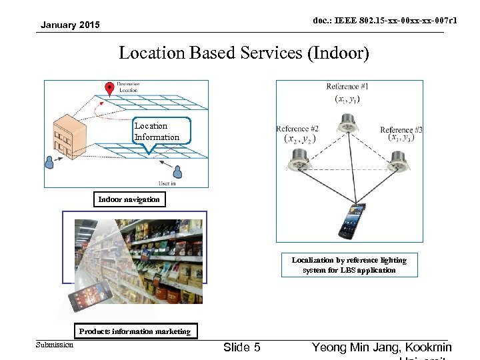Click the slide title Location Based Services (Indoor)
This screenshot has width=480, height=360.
pos(243,53)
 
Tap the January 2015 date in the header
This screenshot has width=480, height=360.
pos(70,25)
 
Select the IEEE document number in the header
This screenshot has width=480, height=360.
pos(385,21)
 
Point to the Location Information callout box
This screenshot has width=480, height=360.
pos(157,131)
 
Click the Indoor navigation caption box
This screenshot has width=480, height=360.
pos(129,199)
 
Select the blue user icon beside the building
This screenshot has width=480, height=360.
pos(49,162)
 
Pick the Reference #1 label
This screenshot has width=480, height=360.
pos(347,87)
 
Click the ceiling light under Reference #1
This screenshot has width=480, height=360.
pos(347,123)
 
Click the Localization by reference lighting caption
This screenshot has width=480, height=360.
pos(349,265)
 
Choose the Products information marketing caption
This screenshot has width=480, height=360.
pos(135,331)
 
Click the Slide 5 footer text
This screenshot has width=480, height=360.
pos(242,347)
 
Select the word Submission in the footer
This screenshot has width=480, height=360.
pos(55,345)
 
